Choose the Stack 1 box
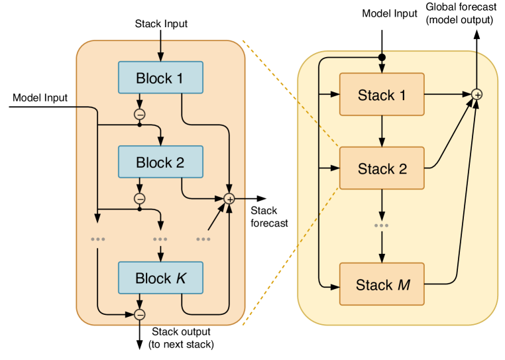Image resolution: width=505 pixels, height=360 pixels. point(381,95)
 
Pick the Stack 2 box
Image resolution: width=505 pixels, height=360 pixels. point(381,168)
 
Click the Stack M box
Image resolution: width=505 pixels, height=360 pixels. point(381,284)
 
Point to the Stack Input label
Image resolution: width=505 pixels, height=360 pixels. point(161,24)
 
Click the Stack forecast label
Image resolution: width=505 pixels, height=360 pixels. point(268,217)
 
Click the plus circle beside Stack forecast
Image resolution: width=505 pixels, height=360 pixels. point(230,198)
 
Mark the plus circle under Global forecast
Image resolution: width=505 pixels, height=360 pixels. point(476,95)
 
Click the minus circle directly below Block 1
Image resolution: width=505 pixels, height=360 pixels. point(140,114)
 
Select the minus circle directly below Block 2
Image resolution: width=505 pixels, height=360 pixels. point(140,198)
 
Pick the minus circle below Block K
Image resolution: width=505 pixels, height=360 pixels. point(140,314)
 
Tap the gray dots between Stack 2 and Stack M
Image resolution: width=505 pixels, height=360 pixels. point(381,225)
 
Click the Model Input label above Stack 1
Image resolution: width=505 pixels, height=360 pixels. point(390,14)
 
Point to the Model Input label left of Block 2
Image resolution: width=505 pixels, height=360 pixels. point(40,98)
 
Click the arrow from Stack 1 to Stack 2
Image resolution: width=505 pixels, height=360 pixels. point(381,129)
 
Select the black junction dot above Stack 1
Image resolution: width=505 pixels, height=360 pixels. point(382,58)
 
